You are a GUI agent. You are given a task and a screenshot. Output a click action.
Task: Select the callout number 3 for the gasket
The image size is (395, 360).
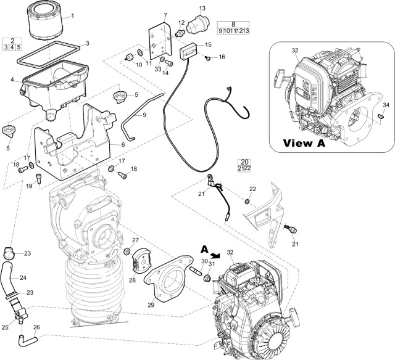coord(87,43)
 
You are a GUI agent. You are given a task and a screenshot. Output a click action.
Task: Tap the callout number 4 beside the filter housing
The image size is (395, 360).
coord(12,79)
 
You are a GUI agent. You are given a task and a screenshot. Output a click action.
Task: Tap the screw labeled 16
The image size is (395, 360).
coord(209,58)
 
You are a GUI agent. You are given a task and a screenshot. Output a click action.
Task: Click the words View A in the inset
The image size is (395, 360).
coord(304,143)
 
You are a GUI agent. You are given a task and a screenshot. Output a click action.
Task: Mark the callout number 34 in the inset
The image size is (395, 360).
coord(386,105)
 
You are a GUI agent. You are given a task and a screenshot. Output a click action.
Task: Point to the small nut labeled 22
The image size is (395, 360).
coord(247,202)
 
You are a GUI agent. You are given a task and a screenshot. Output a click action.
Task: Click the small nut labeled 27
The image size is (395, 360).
coord(127,252)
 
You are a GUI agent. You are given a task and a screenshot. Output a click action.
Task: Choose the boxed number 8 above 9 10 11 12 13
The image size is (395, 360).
coord(233,23)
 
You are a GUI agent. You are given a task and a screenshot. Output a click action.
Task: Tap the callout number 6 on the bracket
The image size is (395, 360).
coord(123,144)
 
